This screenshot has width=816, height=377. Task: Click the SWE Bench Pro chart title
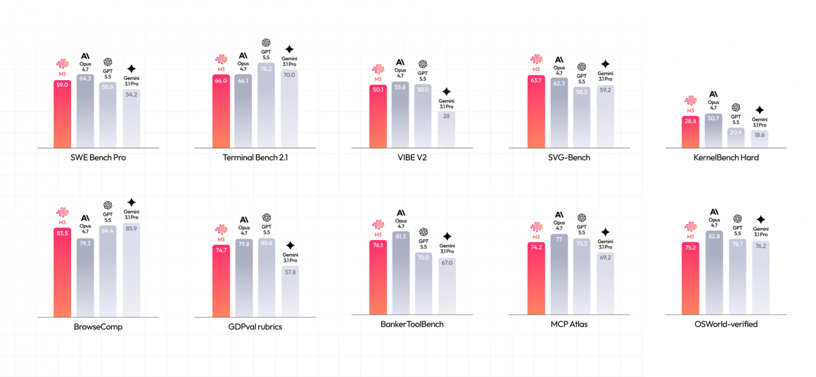coord(98,158)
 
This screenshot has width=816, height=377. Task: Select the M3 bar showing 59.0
coord(62,114)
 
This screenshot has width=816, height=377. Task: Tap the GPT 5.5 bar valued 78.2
coord(266,105)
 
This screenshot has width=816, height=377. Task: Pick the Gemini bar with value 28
coord(446,130)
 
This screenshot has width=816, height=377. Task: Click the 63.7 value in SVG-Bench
coord(536,81)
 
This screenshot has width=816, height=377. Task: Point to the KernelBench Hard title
coord(726,158)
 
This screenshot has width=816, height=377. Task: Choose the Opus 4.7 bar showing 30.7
coord(713,131)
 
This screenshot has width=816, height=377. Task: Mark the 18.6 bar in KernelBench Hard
coord(760,139)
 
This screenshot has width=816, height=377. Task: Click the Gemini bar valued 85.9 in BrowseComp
coord(131,270)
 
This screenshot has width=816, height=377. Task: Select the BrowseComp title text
coord(98,327)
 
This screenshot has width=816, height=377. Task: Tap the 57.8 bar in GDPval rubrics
coord(290,291)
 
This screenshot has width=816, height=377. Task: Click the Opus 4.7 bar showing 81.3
coord(401,272)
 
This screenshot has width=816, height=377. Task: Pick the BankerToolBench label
coord(412,324)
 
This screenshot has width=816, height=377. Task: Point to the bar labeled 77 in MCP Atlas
coord(559,275)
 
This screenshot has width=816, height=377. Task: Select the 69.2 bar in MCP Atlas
coord(605,283)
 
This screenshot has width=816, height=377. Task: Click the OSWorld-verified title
coord(726,324)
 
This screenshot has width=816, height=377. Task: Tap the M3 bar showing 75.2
coord(690,278)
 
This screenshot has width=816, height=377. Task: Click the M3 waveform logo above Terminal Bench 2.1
coord(221,59)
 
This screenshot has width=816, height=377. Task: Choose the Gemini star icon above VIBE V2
coord(446,92)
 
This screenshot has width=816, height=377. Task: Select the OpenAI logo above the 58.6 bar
coord(107,62)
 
